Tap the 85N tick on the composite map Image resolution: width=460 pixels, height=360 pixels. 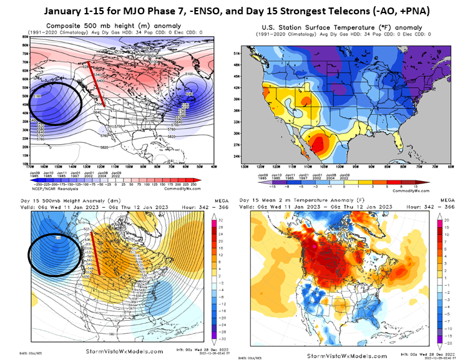(23, 37)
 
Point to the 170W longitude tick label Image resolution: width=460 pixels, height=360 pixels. (28, 167)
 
